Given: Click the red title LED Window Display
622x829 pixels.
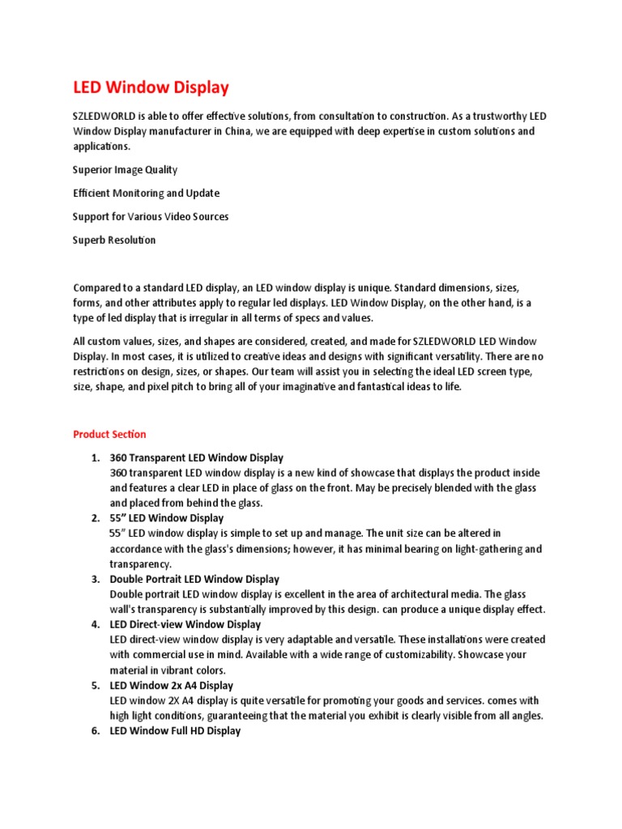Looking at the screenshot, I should coord(151,87).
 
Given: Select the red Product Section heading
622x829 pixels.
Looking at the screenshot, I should coord(109,435).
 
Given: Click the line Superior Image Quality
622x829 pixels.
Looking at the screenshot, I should coord(125,170).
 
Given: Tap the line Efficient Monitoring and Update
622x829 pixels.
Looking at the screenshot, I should coord(146,193).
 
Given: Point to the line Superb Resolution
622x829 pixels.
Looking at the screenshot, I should coord(114,240).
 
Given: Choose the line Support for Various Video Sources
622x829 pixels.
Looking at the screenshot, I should coord(151,217).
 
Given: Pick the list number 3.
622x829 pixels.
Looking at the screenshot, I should coord(95,580).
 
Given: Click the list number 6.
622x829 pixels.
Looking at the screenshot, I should coord(95,731).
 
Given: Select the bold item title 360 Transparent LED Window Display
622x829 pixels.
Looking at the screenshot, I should coord(197,458).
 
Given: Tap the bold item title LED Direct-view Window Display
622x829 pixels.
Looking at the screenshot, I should coord(185,625).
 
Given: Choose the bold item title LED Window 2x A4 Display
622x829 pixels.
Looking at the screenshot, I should coord(172,686).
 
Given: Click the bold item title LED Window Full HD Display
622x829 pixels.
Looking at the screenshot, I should coord(175,731).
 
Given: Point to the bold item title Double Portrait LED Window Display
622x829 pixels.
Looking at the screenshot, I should coord(194,580).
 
